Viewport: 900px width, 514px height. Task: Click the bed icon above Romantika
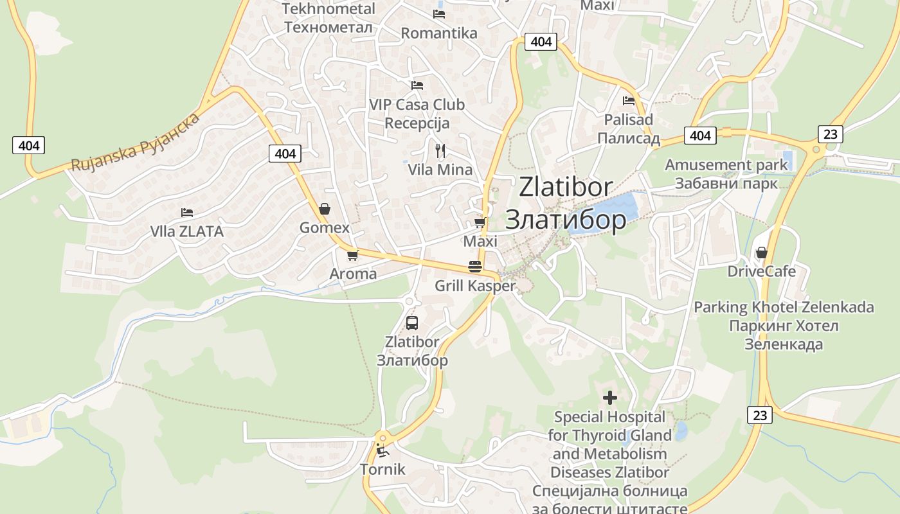coord(439,13)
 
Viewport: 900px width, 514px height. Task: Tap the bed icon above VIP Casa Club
coord(417,85)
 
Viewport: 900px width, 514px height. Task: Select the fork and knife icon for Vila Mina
coord(440,151)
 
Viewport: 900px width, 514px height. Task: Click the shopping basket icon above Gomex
coord(325,209)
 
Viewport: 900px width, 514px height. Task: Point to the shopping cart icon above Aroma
coord(352,255)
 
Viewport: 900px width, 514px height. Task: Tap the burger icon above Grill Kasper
coord(475,267)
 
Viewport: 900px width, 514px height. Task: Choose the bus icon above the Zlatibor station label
coord(412,323)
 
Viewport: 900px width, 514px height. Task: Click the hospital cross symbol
coord(610,398)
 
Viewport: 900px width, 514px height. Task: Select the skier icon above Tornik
coord(382,450)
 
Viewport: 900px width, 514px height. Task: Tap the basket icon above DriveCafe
coord(762,253)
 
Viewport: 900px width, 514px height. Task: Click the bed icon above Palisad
coord(629,100)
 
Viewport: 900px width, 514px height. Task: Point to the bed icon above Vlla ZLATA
coord(187,212)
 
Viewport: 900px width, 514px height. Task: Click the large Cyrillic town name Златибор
coord(566,220)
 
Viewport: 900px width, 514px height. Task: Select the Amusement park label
coord(726,165)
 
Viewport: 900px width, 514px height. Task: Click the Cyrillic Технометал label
coord(328,28)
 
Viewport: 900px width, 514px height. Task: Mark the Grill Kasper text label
coord(475,286)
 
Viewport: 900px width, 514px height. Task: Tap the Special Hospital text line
coord(609,417)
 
